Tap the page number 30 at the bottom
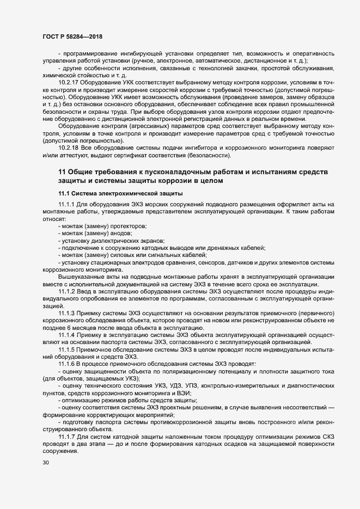pyautogui.click(x=45, y=463)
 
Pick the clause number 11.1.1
pyautogui.click(x=66, y=204)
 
